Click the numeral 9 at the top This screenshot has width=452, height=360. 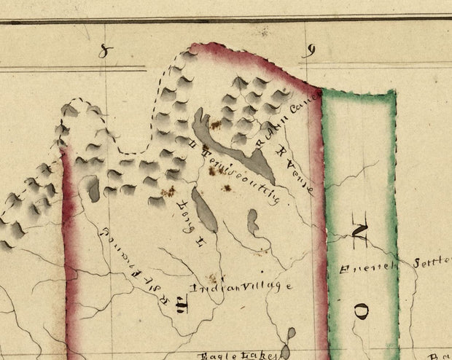309,51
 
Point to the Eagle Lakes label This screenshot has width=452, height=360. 238,355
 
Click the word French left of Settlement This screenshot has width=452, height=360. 368,267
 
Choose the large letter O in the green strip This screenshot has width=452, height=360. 362,311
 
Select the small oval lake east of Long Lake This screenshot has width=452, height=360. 252,222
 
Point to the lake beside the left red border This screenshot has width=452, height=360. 93,189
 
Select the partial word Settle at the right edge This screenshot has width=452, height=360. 433,262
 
